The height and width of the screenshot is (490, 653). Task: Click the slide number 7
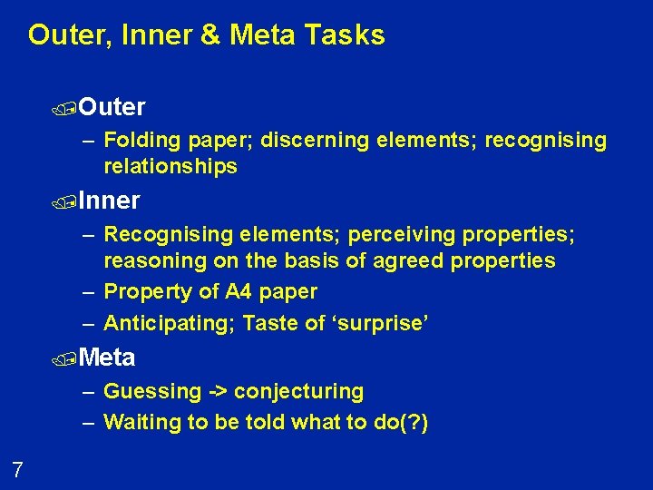pos(17,469)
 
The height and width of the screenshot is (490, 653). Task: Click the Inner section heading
pos(109,200)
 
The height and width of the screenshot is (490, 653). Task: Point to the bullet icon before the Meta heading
pos(71,359)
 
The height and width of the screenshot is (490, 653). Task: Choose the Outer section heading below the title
pos(112,107)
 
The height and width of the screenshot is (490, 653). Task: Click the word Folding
pos(142,141)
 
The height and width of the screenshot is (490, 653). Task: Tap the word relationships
pos(171,166)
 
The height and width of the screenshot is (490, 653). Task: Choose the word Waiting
pos(141,422)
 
